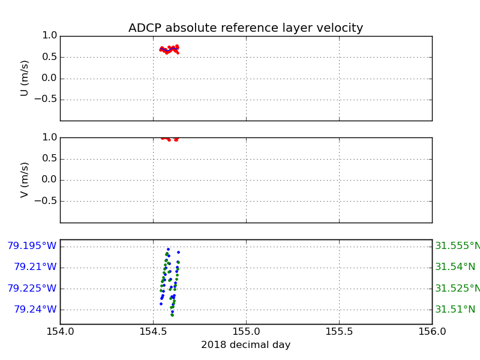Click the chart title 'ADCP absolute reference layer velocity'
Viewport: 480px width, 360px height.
pyautogui.click(x=245, y=28)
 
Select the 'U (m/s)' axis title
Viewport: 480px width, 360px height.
pyautogui.click(x=25, y=78)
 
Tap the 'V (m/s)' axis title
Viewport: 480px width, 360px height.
pyautogui.click(x=25, y=179)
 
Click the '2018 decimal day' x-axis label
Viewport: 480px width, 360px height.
pyautogui.click(x=245, y=345)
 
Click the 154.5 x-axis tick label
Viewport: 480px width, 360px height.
pyautogui.click(x=153, y=332)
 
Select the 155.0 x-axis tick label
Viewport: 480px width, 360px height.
pyautogui.click(x=246, y=332)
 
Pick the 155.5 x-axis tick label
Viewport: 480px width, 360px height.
pyautogui.click(x=339, y=332)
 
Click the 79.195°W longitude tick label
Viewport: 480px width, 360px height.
pyautogui.click(x=32, y=246)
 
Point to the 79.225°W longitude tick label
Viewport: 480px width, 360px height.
pyautogui.click(x=32, y=289)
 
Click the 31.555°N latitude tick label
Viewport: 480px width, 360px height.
pyautogui.click(x=457, y=246)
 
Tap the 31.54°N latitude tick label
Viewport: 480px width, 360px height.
pyautogui.click(x=455, y=267)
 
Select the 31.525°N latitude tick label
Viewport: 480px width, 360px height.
pyautogui.click(x=457, y=289)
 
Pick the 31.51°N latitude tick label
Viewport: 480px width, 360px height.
pyautogui.click(x=455, y=310)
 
